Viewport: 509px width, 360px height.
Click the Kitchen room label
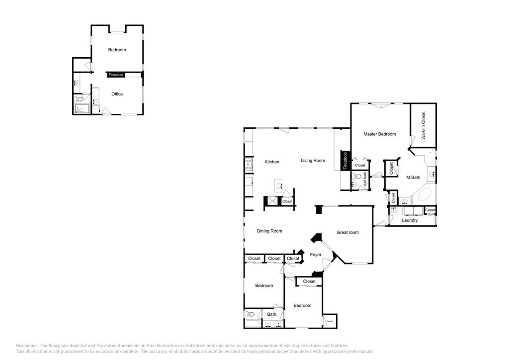pos(272,162)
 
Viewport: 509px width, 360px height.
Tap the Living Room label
pos(313,161)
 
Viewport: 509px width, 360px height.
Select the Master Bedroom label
pos(379,134)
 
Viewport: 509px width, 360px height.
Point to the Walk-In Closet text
pos(424,125)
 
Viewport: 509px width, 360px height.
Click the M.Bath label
pos(413,178)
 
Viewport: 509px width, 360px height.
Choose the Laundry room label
pos(410,220)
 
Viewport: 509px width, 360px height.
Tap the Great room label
pos(347,232)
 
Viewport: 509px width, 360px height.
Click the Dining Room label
pos(269,231)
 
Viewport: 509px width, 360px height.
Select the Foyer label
pos(316,255)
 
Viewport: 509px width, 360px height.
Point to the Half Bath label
pos(365,179)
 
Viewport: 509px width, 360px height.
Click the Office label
pos(117,94)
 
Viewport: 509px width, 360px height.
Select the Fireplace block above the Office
pos(116,75)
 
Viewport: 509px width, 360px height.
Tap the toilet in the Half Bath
pos(356,176)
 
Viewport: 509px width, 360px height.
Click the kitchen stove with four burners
pos(248,165)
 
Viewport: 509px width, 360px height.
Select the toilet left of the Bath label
pos(250,314)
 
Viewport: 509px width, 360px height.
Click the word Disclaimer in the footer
pos(27,346)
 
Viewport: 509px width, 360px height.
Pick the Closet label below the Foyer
pos(309,281)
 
